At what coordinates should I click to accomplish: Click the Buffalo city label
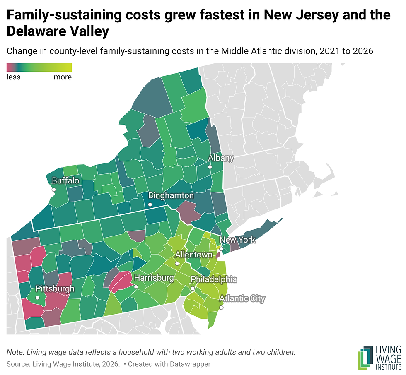[x=65, y=180]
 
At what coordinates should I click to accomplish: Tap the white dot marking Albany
[x=210, y=167]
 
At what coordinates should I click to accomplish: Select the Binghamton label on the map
[x=171, y=195]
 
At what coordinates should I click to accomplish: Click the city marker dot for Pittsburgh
[x=37, y=298]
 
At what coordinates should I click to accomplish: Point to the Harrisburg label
[x=154, y=278]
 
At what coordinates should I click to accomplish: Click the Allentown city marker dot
[x=177, y=264]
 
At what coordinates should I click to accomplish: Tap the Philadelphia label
[x=214, y=279]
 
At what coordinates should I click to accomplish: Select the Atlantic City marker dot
[x=221, y=308]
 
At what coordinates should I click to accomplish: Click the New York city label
[x=237, y=240]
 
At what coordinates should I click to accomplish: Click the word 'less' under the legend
[x=13, y=77]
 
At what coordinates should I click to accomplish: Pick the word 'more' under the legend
[x=63, y=77]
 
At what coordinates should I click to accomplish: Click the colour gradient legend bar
[x=39, y=67]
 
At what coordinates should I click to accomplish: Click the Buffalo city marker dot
[x=54, y=190]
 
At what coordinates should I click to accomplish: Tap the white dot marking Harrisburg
[x=136, y=287]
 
